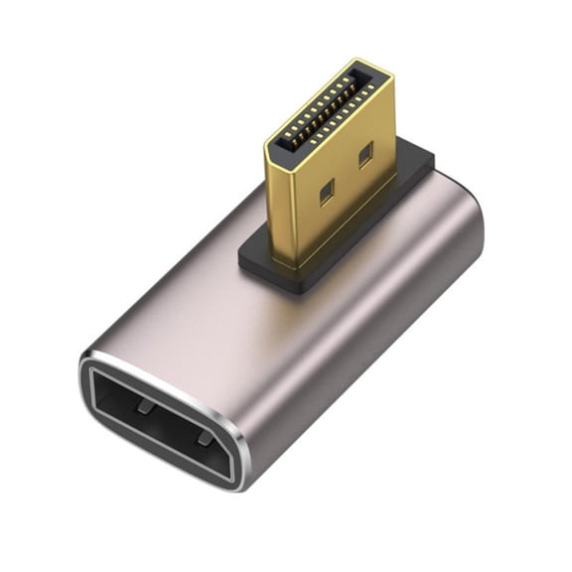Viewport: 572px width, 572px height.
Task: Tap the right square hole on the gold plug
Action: pyautogui.click(x=364, y=154)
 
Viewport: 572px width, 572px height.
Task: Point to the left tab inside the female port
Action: pyautogui.click(x=145, y=407)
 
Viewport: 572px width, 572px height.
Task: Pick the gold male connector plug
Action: pyautogui.click(x=333, y=169)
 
